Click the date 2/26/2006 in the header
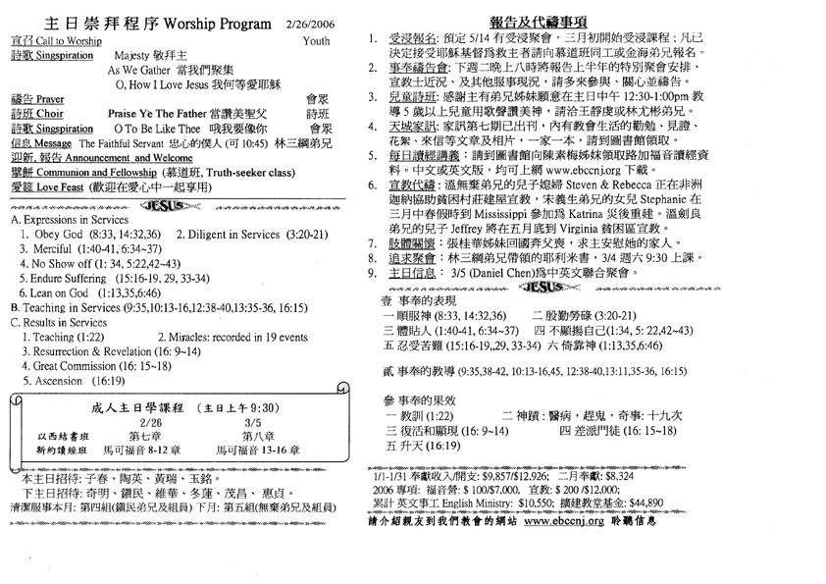click(x=309, y=23)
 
